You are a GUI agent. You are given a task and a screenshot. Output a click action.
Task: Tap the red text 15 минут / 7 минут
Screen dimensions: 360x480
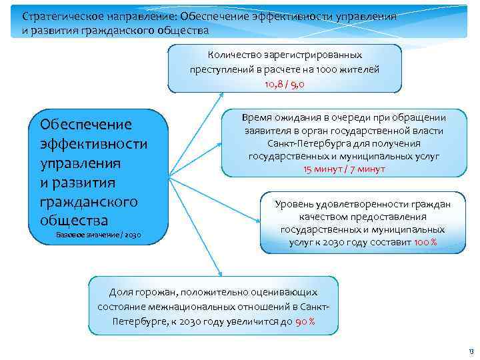pos(345,169)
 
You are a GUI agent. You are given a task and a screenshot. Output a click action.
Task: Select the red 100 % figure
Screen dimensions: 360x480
pos(425,242)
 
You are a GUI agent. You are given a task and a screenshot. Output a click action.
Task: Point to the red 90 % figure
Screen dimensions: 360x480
pos(305,321)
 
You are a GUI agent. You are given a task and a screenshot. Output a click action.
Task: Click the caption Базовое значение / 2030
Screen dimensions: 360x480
pos(98,235)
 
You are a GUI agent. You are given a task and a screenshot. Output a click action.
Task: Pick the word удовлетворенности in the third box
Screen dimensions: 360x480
pos(358,204)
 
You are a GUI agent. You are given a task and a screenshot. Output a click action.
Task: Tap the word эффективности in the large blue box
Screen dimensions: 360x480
pos(94,144)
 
